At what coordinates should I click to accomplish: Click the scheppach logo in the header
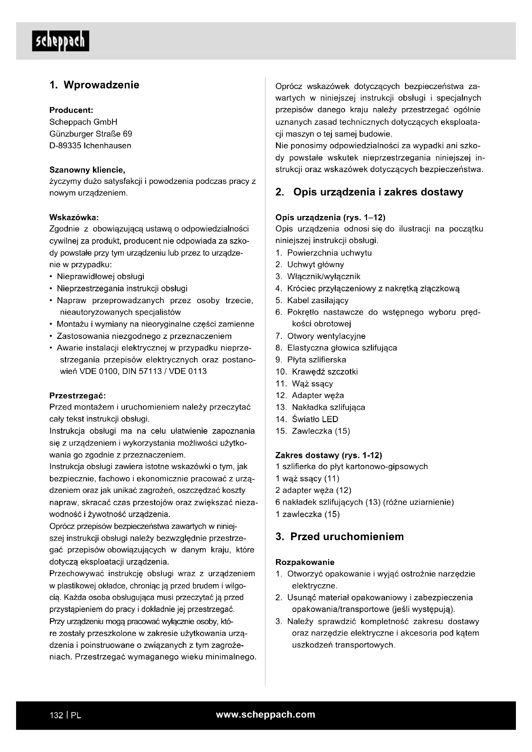60,41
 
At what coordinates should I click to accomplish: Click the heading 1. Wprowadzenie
94,85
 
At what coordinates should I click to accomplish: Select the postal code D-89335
65,146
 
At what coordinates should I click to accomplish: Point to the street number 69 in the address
127,134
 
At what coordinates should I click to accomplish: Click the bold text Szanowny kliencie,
87,170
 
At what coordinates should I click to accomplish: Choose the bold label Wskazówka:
74,217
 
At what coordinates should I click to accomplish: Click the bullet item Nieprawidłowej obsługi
100,277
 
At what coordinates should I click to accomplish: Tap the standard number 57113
147,371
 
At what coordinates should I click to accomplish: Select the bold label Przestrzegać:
77,395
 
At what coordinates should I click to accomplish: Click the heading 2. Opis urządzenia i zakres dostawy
369,192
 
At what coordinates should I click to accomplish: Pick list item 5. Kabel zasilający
312,300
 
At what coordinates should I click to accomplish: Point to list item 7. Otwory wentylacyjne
320,336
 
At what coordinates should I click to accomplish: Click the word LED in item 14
330,419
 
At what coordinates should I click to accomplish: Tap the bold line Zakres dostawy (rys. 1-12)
329,455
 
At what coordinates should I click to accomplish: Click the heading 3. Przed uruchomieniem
339,537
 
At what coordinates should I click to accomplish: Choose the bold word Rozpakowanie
305,562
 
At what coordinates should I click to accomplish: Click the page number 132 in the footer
56,715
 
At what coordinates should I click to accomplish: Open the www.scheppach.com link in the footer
265,715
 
